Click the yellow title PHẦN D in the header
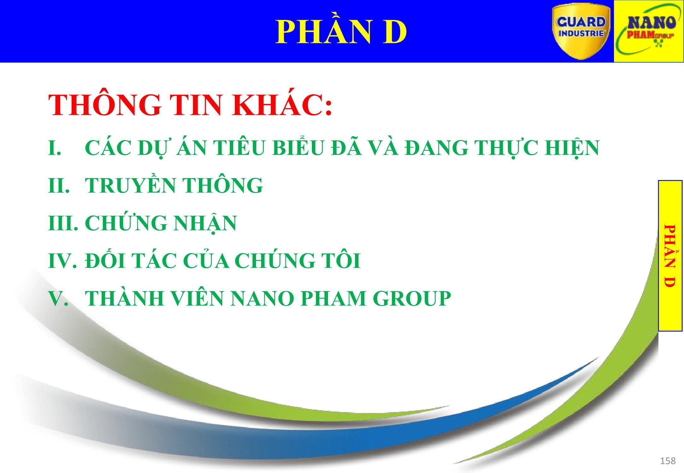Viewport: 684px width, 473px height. pyautogui.click(x=341, y=32)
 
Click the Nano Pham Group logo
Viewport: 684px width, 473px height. pyautogui.click(x=648, y=31)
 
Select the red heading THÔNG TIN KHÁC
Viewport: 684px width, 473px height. pyautogui.click(x=190, y=105)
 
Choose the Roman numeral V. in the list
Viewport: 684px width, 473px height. pyautogui.click(x=58, y=298)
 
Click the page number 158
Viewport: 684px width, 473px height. pyautogui.click(x=668, y=461)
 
